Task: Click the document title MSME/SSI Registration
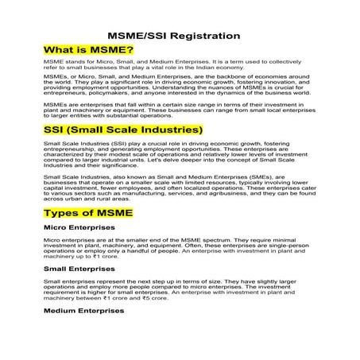point(173,37)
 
